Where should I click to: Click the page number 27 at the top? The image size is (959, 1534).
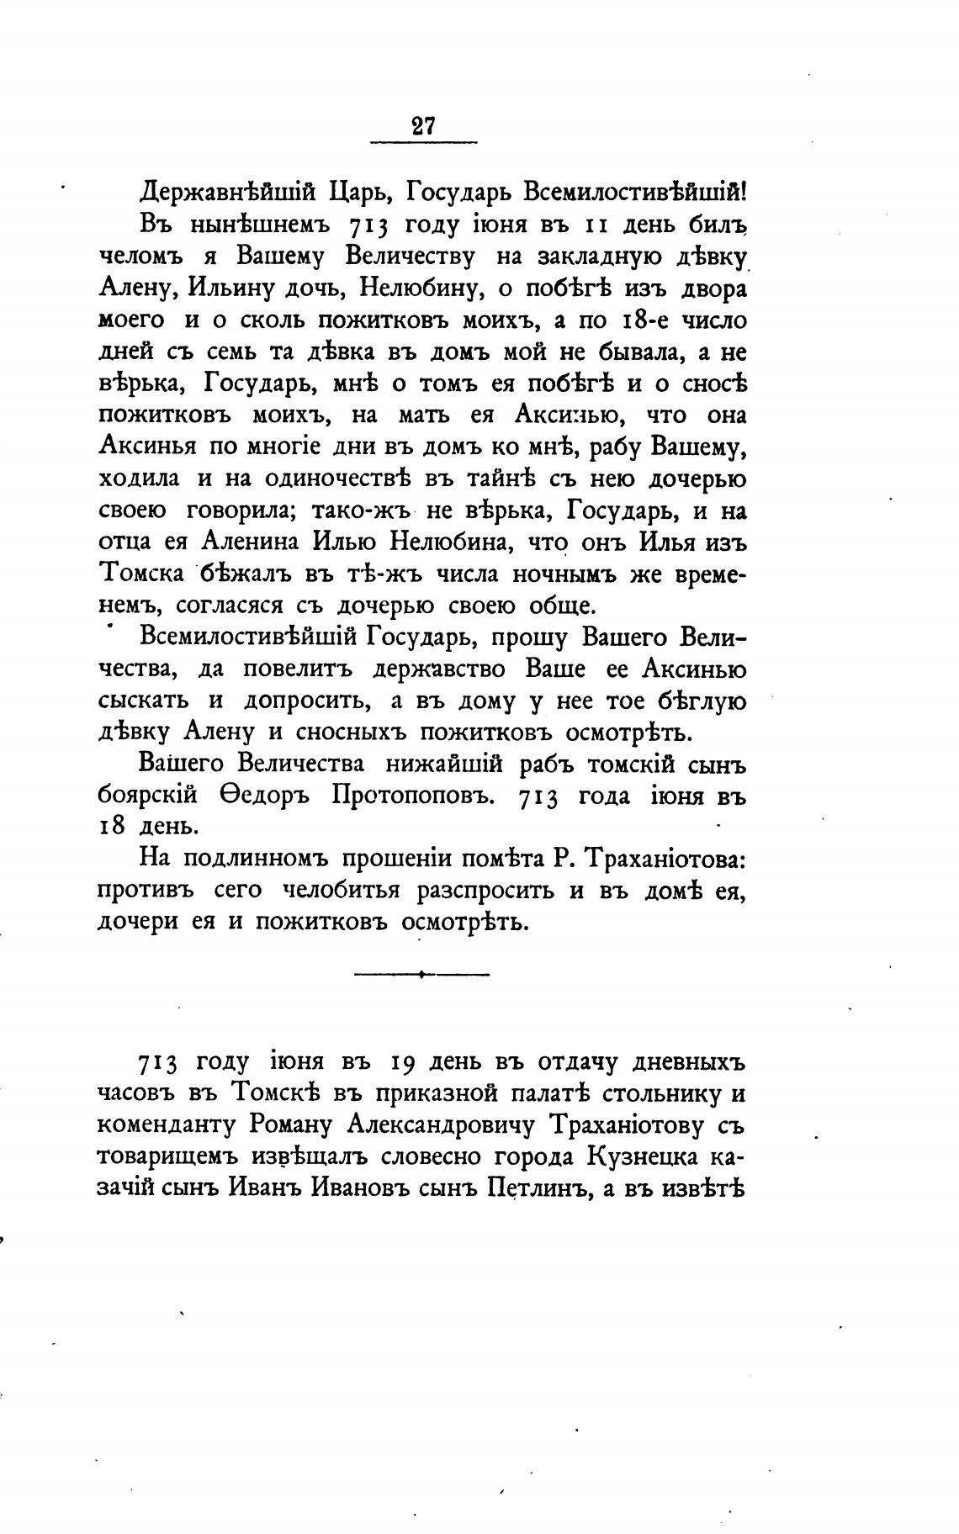click(423, 126)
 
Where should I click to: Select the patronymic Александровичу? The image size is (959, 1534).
click(439, 1126)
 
